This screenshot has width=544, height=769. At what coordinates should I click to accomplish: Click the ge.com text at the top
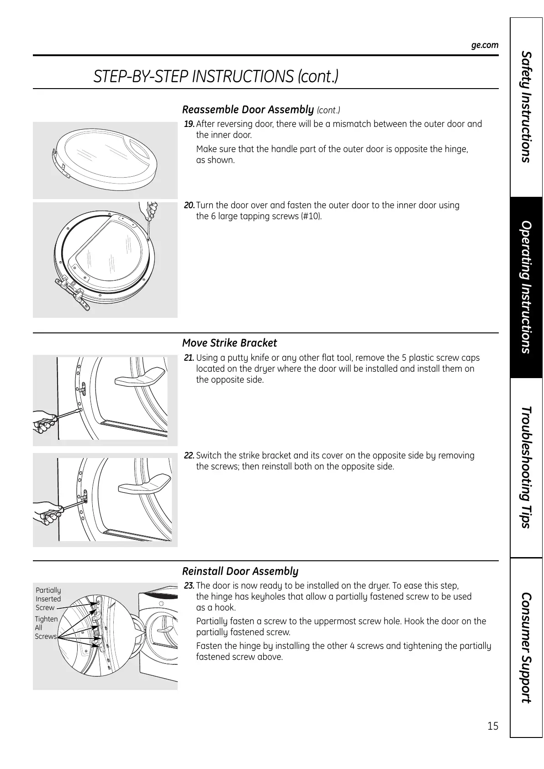[x=485, y=45]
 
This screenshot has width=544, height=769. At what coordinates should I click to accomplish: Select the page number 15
[x=493, y=726]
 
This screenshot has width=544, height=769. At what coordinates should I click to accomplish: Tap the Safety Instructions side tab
[x=526, y=107]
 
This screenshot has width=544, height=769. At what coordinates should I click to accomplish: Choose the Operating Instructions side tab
[x=526, y=287]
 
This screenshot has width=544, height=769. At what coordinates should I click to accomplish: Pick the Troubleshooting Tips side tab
[x=526, y=467]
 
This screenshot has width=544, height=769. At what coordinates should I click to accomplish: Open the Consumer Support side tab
[x=526, y=648]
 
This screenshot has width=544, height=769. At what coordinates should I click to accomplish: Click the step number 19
[x=189, y=124]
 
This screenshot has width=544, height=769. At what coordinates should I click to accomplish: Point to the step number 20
[x=189, y=205]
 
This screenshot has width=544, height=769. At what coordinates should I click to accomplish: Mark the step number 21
[x=189, y=358]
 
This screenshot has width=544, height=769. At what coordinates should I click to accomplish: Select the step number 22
[x=189, y=456]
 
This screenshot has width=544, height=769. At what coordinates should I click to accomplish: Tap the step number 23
[x=189, y=586]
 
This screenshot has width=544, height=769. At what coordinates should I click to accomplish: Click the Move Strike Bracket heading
[x=229, y=343]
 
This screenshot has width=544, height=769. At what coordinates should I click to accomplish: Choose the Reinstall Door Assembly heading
[x=240, y=571]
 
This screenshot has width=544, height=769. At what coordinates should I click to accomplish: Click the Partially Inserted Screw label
[x=48, y=599]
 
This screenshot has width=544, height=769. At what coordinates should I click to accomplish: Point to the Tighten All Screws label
[x=46, y=627]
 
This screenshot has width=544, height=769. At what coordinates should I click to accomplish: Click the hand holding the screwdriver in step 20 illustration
[x=151, y=211]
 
